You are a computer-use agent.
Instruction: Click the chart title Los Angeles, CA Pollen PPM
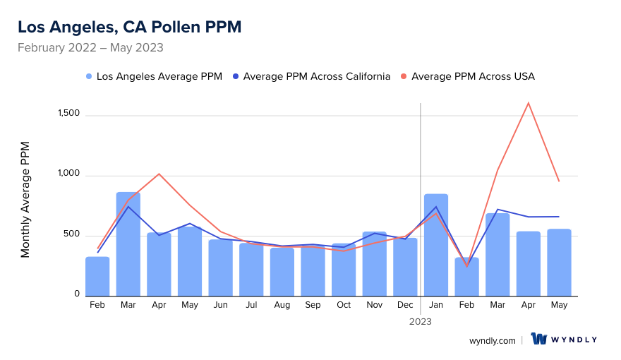point(129,27)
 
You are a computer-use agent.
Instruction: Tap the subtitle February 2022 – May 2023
point(90,48)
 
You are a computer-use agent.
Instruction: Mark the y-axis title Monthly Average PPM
point(25,200)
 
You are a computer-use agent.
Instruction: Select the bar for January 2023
point(436,245)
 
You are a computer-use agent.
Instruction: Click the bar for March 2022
point(128,244)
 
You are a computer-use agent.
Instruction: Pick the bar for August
point(282,272)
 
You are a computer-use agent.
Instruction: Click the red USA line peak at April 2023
point(529,103)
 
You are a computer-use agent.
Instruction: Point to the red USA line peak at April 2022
point(159,174)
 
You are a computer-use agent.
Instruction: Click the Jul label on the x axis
point(251,305)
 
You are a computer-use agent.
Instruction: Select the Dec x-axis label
point(405,305)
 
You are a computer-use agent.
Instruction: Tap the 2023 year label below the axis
point(421,321)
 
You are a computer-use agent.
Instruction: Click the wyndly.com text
point(493,340)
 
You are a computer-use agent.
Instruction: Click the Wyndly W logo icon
point(539,340)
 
